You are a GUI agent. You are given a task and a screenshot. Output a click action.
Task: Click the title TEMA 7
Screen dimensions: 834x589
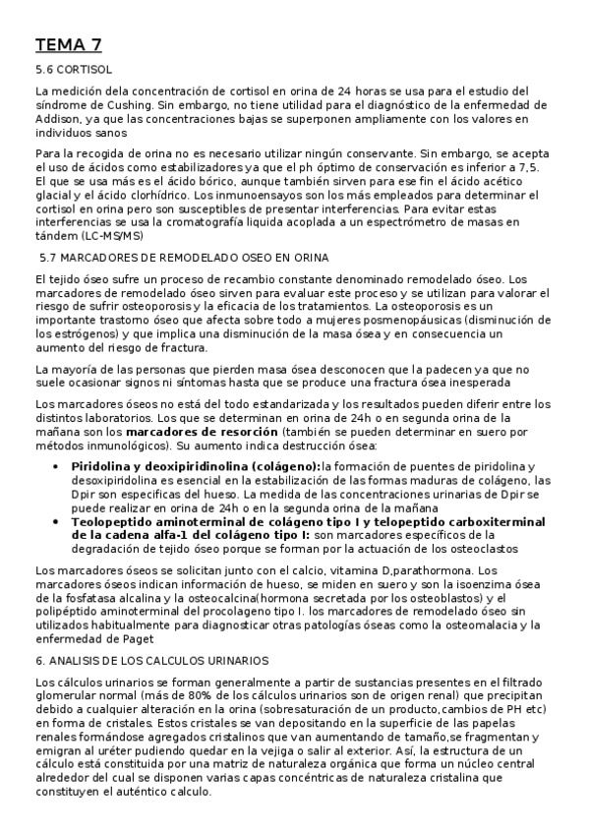[x=68, y=44]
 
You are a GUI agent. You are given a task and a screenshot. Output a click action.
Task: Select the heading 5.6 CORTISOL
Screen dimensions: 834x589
[x=74, y=71]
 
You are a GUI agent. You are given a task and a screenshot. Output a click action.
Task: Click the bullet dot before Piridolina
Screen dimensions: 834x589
[x=61, y=466]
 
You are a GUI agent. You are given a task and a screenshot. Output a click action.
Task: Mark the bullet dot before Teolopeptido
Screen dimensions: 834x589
[x=61, y=521]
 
